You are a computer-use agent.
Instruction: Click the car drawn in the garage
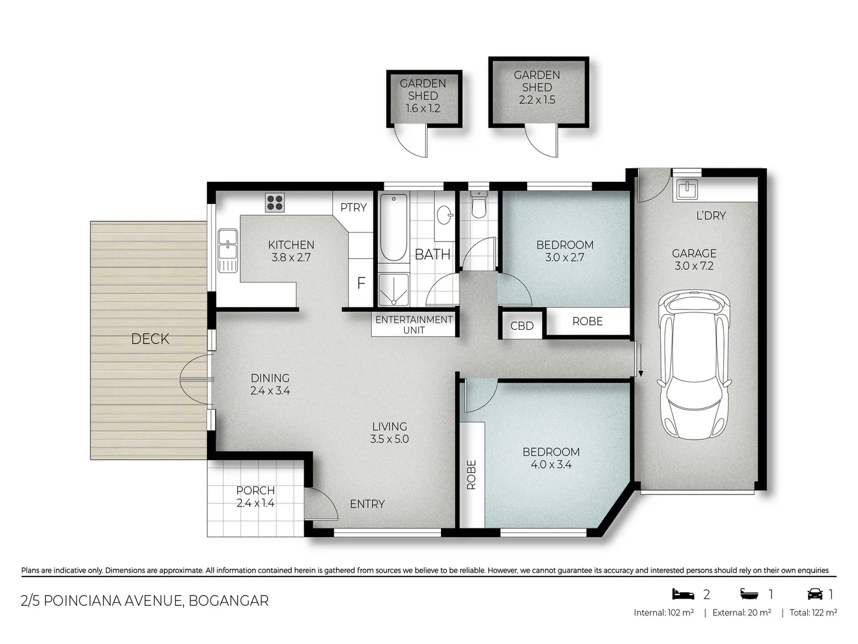click(x=695, y=364)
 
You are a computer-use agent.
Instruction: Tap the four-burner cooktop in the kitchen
click(x=275, y=202)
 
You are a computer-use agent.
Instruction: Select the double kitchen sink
click(x=228, y=250)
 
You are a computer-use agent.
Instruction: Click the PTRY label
click(x=353, y=208)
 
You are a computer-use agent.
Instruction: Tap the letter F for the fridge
click(x=361, y=283)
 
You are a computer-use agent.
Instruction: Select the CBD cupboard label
click(x=522, y=326)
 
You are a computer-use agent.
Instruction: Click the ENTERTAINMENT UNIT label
click(x=414, y=325)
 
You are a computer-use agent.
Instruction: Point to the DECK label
click(x=150, y=339)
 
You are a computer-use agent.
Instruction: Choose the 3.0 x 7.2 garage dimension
click(x=694, y=266)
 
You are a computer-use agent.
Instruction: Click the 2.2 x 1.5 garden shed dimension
click(x=537, y=100)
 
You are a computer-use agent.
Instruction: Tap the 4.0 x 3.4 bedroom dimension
click(x=551, y=465)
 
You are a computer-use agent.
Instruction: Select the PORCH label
click(x=256, y=490)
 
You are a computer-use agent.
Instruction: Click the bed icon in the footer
click(x=683, y=594)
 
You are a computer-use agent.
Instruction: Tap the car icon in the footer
click(x=815, y=594)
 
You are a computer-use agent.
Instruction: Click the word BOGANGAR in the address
click(x=229, y=601)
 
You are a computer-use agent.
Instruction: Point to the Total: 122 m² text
click(x=813, y=613)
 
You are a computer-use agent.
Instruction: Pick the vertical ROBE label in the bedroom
click(x=471, y=475)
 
